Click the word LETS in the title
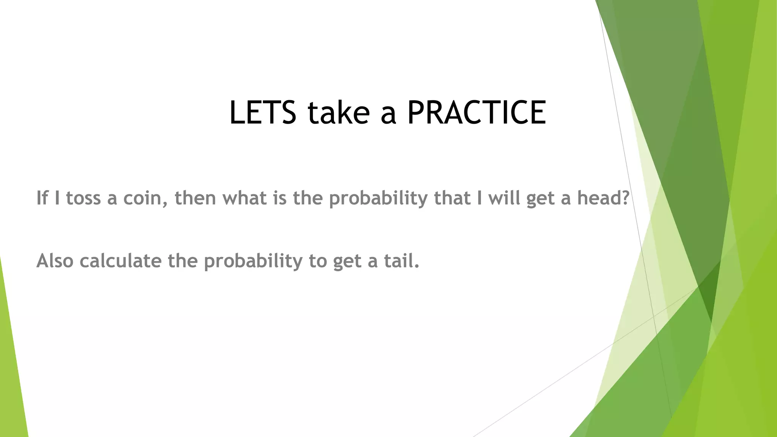tap(263, 113)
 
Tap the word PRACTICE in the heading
tap(477, 113)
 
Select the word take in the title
tap(338, 113)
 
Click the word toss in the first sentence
tap(83, 198)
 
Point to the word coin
tap(142, 198)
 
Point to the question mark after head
tap(626, 198)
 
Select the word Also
tap(55, 261)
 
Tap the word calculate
tap(120, 261)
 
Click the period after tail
tap(417, 267)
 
